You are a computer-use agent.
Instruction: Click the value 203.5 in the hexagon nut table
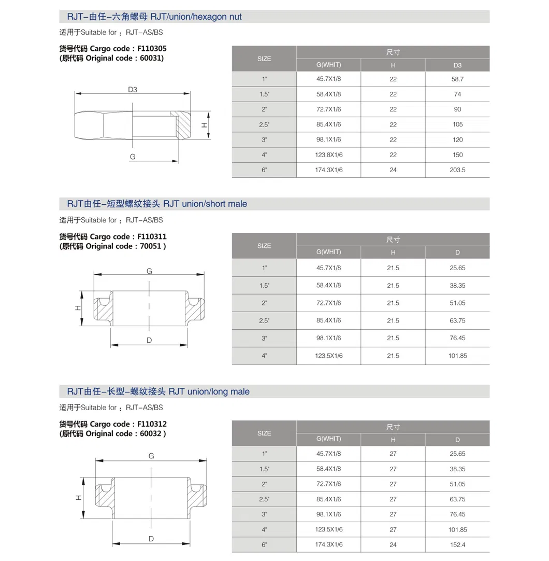pyautogui.click(x=457, y=170)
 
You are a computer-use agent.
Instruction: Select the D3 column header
pyautogui.click(x=457, y=65)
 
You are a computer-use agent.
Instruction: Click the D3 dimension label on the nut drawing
pyautogui.click(x=133, y=90)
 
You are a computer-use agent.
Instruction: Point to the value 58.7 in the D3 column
pyautogui.click(x=457, y=79)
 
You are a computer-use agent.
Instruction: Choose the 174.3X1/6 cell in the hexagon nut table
pyautogui.click(x=328, y=170)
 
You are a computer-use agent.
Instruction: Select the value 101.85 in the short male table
pyautogui.click(x=457, y=356)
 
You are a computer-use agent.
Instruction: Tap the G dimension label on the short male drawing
pyautogui.click(x=149, y=271)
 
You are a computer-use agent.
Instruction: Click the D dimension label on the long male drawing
pyautogui.click(x=151, y=539)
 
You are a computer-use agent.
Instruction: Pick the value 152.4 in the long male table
pyautogui.click(x=457, y=545)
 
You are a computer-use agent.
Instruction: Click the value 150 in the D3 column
pyautogui.click(x=457, y=155)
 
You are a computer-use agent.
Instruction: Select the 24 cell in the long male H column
pyautogui.click(x=393, y=545)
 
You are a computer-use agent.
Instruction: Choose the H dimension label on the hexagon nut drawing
pyautogui.click(x=205, y=125)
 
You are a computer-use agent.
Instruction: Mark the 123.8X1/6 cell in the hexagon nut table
pyautogui.click(x=328, y=155)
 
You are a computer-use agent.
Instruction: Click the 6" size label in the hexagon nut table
pyautogui.click(x=264, y=170)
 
